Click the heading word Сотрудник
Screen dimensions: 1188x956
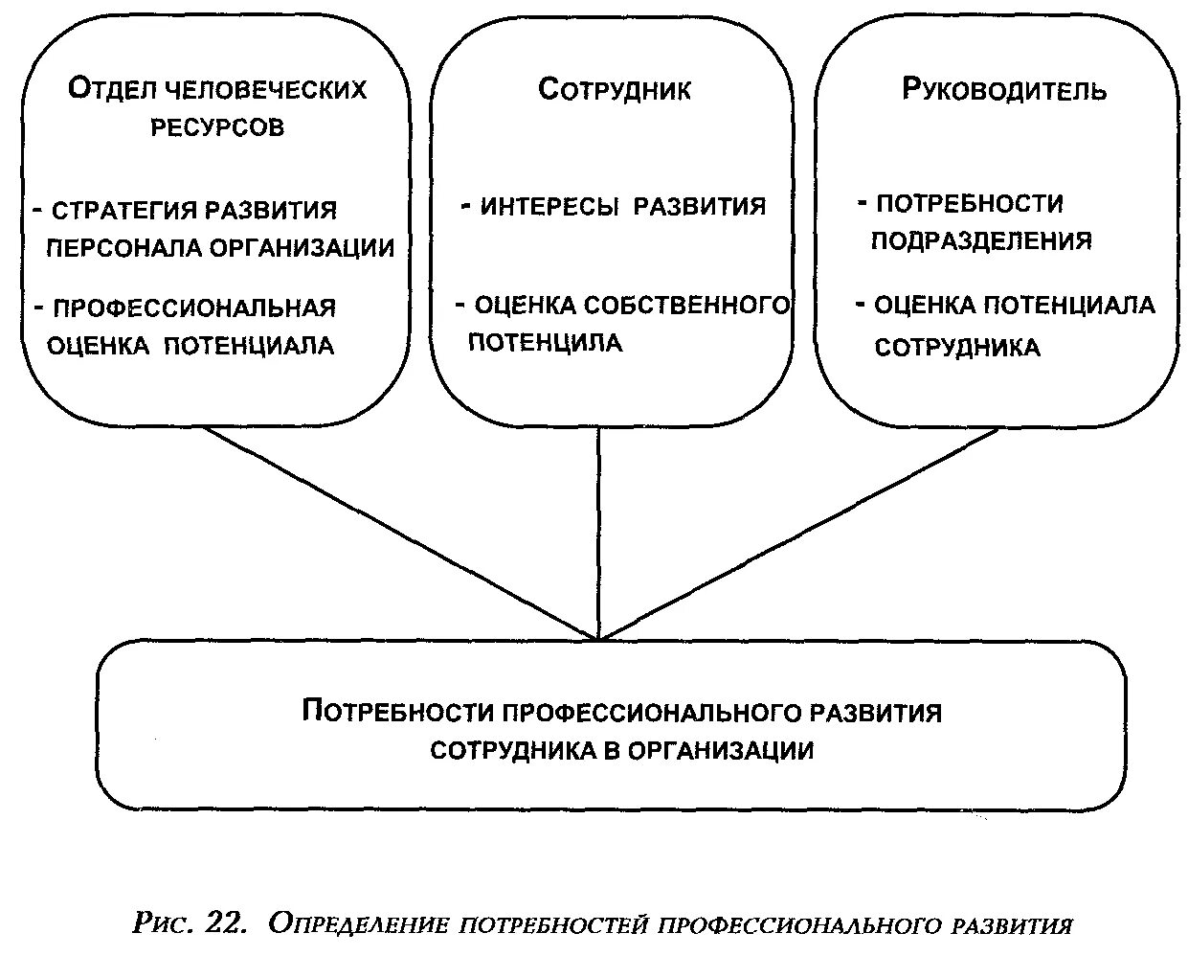(x=614, y=90)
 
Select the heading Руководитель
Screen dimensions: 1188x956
(x=1004, y=90)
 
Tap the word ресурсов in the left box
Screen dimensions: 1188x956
(x=217, y=127)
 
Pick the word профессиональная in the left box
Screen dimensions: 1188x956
(x=194, y=308)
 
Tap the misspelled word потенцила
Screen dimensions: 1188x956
(x=545, y=343)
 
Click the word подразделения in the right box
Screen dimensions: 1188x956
(x=981, y=240)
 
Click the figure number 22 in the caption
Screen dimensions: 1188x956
(x=226, y=923)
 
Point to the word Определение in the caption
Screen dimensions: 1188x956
(x=359, y=924)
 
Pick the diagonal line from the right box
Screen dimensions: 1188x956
(x=799, y=532)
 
